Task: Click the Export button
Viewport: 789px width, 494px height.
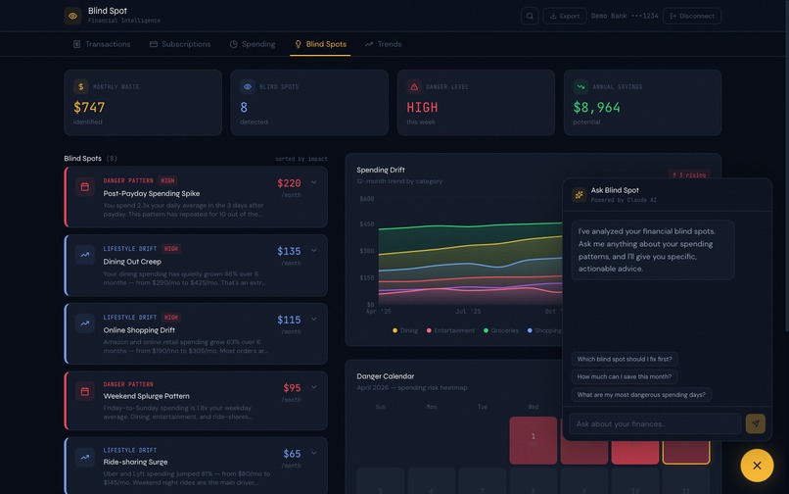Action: tap(564, 16)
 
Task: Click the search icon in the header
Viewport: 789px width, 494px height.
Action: tap(530, 16)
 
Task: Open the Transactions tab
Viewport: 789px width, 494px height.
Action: tap(102, 44)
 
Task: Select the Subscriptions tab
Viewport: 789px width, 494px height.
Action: tap(180, 44)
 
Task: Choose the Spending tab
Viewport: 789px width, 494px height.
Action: tap(253, 44)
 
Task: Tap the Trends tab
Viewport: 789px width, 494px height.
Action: tap(383, 44)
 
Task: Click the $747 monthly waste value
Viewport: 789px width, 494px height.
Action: tap(89, 108)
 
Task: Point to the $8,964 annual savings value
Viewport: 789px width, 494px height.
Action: tap(596, 108)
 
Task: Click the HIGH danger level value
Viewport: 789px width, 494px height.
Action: tap(422, 108)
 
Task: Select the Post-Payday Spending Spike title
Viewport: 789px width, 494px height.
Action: tap(152, 194)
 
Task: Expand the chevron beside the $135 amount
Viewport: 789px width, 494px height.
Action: tap(314, 251)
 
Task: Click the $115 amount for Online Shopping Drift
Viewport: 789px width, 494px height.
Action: tap(289, 320)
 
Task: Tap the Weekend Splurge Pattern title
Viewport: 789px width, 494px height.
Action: tap(147, 396)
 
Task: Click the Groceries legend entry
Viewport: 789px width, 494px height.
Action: tap(501, 331)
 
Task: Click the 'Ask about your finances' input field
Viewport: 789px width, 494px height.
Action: tap(655, 423)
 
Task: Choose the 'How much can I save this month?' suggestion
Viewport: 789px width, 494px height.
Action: tap(625, 376)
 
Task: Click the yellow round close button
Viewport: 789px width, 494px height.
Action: tap(757, 465)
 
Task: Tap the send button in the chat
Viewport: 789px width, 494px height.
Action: tap(755, 423)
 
